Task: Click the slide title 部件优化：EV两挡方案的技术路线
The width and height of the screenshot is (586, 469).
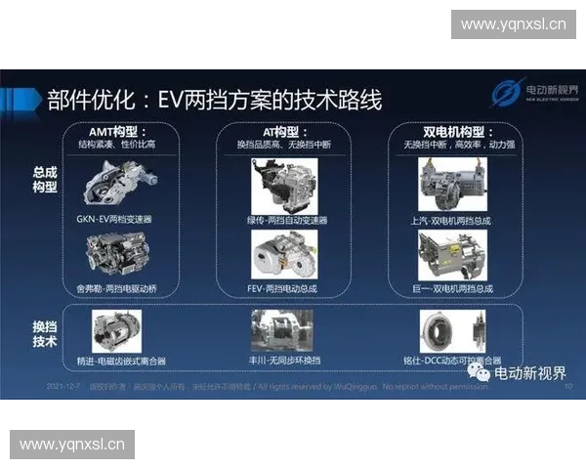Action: tap(215, 99)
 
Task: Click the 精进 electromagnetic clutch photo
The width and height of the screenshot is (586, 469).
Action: tap(116, 330)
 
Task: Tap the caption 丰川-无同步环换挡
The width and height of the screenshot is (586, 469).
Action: tap(285, 361)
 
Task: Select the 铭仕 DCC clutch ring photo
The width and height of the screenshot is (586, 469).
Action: tap(452, 330)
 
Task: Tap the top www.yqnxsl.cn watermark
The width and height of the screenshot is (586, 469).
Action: tap(513, 24)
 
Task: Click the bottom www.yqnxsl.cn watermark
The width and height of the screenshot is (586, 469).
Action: tap(73, 445)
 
